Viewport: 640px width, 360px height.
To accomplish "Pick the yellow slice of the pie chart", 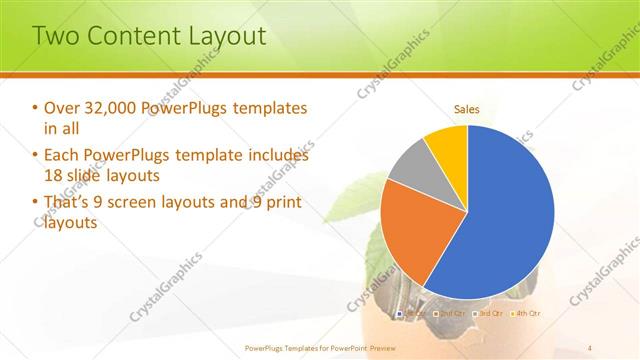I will [x=447, y=145].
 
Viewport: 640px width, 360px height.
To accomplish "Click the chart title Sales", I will [x=467, y=108].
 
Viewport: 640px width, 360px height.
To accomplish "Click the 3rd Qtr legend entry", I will [x=487, y=313].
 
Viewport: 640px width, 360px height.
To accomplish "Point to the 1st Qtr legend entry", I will [x=413, y=313].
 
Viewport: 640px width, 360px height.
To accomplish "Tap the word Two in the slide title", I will [x=58, y=37].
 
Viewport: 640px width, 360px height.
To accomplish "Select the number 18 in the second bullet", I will [x=54, y=176].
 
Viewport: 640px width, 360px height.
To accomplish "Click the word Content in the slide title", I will [x=133, y=37].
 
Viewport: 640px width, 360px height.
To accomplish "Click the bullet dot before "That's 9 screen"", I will [x=35, y=203].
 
